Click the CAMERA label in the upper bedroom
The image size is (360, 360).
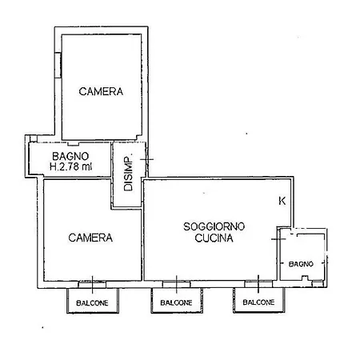(101, 91)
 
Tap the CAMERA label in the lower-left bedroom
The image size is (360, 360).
(90, 238)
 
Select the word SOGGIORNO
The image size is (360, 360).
(214, 226)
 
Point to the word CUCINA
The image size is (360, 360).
(214, 238)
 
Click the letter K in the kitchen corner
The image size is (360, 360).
(282, 201)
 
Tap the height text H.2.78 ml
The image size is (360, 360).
(70, 166)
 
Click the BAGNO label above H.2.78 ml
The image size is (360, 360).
(70, 156)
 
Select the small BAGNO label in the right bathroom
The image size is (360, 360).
(301, 264)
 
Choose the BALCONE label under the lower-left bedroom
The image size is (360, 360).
(92, 303)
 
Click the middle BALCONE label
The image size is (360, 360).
(176, 302)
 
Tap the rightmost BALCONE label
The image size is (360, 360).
(258, 302)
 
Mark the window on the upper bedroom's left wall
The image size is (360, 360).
(58, 66)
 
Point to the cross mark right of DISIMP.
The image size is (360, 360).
(146, 159)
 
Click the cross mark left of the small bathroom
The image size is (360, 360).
(278, 239)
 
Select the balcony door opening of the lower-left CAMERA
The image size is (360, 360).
(92, 284)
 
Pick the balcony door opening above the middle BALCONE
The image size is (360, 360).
(176, 284)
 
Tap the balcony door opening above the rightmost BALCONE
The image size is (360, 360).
(258, 284)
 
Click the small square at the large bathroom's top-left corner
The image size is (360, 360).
(33, 138)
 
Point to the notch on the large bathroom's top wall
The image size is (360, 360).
(74, 144)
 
